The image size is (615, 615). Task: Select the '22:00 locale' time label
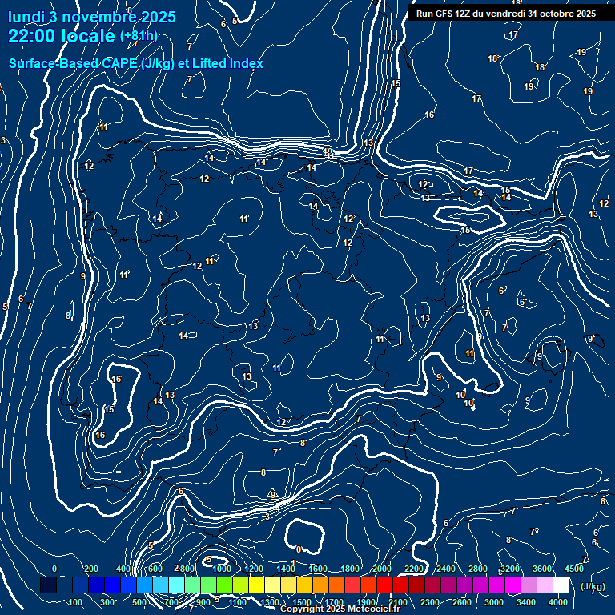coord(61,36)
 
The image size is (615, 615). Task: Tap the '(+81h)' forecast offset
coord(139,36)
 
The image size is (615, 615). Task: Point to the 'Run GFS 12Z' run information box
coord(505,14)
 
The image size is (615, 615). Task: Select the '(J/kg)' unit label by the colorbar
coord(592,586)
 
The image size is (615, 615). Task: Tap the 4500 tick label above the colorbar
coord(574,569)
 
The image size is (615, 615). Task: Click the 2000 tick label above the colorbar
coord(382,569)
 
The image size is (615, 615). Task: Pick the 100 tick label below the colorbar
coord(76,602)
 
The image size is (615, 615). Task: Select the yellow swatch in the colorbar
coord(257,585)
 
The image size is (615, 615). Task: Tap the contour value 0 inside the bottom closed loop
coord(299,549)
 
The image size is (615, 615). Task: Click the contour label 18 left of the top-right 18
coord(493,58)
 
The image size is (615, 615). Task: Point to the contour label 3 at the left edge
coord(3,141)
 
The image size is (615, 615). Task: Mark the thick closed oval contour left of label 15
coord(467,215)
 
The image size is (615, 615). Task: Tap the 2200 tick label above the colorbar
coord(414,569)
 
